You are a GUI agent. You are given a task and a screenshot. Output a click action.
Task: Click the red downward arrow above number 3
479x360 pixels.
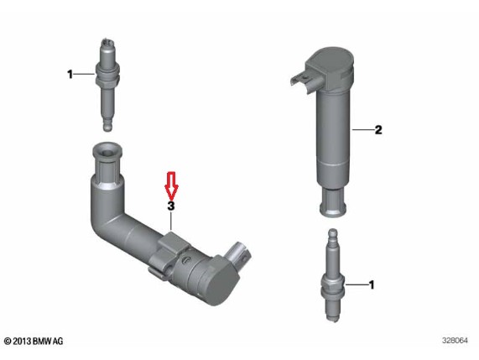click(171, 186)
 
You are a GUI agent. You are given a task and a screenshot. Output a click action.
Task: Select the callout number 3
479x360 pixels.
click(171, 206)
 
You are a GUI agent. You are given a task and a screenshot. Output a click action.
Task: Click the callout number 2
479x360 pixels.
click(378, 130)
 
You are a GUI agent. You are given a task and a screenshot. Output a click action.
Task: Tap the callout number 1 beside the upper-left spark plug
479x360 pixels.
click(70, 74)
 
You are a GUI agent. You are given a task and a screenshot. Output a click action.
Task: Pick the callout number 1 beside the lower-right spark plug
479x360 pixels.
click(372, 284)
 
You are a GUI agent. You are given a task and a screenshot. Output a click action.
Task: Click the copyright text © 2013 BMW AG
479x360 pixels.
click(34, 341)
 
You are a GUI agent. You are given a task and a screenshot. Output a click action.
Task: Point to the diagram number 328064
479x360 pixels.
click(455, 341)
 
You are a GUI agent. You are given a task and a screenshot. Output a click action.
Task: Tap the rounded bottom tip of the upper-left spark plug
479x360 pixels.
click(107, 127)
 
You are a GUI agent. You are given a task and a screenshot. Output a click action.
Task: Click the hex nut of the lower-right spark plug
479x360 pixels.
click(333, 286)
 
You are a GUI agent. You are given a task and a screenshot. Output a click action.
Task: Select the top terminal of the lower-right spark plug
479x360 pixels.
click(333, 235)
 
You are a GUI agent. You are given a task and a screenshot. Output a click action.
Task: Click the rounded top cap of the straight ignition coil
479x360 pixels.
click(334, 60)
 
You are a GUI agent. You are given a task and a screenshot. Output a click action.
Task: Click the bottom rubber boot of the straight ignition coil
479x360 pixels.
click(333, 202)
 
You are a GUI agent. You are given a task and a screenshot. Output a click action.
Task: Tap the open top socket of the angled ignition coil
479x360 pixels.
click(107, 151)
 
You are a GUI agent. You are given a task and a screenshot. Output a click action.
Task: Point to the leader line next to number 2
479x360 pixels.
click(363, 130)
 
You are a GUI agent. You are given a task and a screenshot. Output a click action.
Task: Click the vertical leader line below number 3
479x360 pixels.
click(171, 221)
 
